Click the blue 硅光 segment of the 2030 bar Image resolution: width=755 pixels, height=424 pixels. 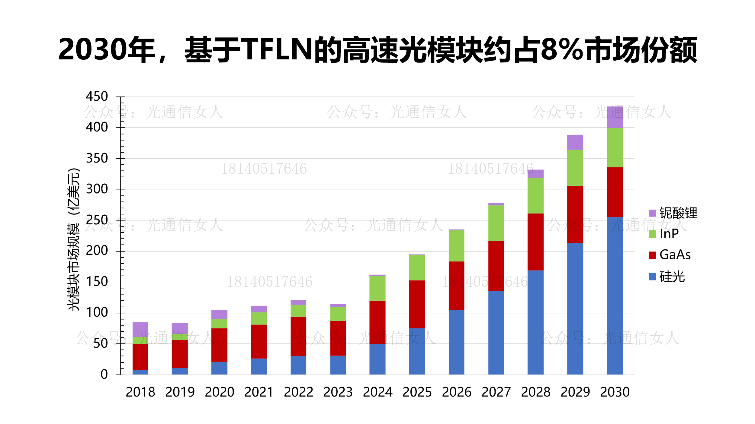615,296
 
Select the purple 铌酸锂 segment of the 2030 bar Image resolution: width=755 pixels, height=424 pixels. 615,117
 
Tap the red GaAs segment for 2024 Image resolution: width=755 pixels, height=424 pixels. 377,322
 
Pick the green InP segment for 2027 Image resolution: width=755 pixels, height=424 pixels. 496,223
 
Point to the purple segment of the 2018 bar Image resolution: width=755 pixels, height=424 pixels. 140,329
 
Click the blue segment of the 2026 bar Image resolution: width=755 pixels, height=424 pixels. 456,342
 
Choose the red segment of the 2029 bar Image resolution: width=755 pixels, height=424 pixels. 575,214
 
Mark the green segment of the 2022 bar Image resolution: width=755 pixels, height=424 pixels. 298,311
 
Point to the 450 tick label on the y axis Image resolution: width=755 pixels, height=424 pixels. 97,97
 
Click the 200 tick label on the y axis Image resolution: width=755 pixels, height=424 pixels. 97,251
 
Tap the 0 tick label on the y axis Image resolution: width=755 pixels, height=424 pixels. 104,374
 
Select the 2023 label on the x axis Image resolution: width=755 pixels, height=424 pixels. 338,392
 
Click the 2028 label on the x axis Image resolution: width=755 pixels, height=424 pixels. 535,392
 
